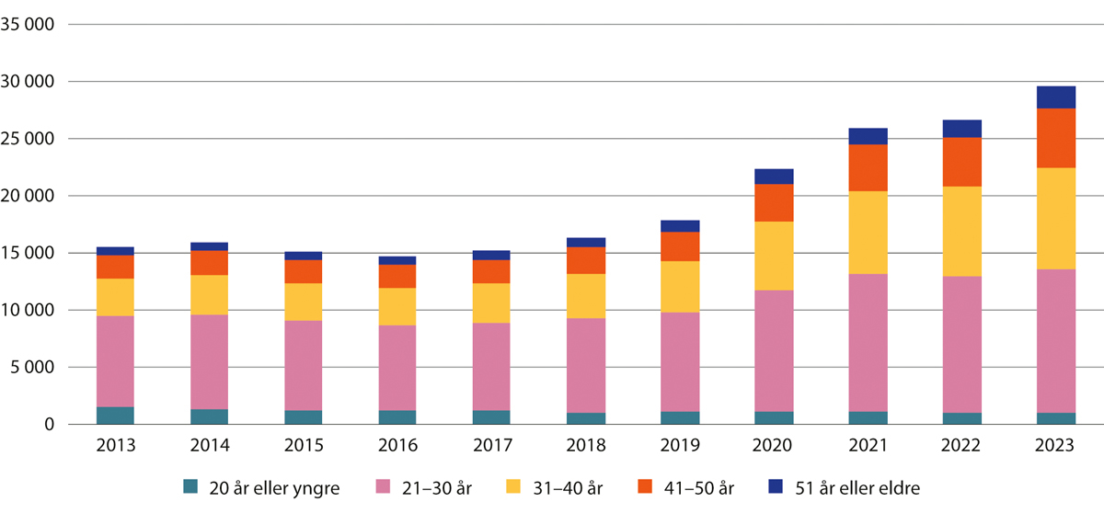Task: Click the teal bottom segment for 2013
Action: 116,416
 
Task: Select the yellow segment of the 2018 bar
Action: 587,296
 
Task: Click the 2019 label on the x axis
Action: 681,446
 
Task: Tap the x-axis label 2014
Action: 210,446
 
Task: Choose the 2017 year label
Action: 492,446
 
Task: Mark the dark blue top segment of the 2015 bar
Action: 304,256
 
